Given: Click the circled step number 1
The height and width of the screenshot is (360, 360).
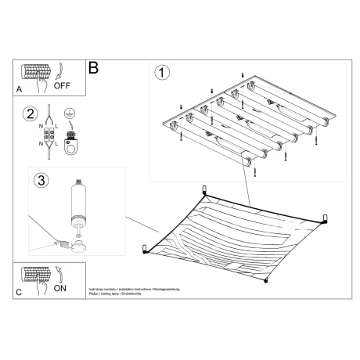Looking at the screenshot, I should pos(162,74).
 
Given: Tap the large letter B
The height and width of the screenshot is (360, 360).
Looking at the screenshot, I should pos(94,69).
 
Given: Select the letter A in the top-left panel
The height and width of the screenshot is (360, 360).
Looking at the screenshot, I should pos(19,90).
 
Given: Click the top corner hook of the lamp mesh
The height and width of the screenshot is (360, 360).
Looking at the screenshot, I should pos(205,190).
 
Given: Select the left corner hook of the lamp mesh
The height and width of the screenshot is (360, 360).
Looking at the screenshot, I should pos(146,248).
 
